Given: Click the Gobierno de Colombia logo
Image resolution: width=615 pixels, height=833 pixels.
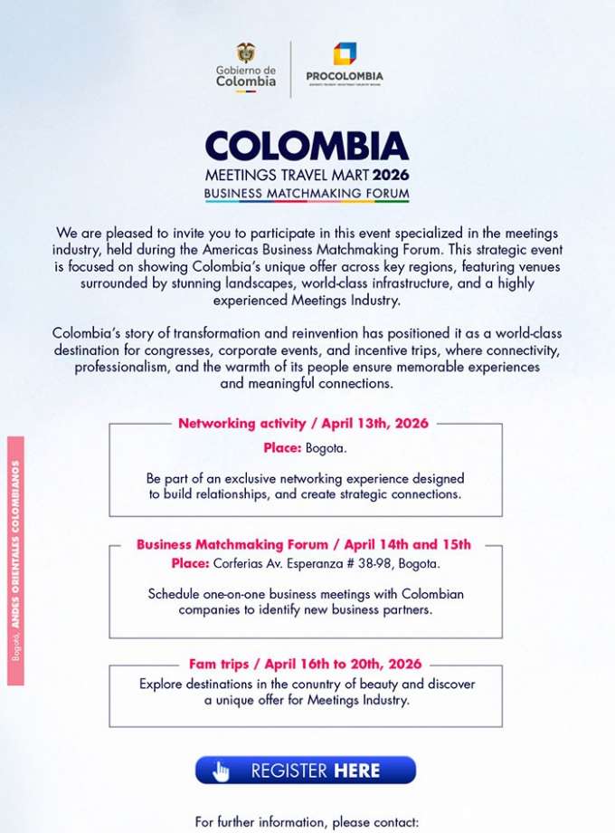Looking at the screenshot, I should click(245, 67).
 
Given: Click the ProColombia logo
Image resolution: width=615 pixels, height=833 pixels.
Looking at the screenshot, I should click(344, 63).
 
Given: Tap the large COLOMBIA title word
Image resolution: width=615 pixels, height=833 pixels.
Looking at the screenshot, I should click(307, 147).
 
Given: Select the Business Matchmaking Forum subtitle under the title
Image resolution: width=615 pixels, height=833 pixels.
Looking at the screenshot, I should click(307, 194).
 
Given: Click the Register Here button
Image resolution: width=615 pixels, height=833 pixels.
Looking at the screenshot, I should click(306, 771).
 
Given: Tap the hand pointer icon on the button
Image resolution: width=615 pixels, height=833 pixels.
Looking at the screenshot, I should click(221, 771).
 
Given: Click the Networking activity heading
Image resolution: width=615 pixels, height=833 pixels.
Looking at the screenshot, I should click(303, 423).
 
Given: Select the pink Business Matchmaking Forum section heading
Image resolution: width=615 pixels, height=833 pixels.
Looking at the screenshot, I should click(304, 544).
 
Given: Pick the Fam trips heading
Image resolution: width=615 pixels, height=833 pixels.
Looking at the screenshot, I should click(306, 664).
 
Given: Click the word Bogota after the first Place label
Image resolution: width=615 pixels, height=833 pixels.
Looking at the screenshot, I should click(326, 448).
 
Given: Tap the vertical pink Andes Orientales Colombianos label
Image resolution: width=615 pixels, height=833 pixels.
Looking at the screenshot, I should click(15, 561).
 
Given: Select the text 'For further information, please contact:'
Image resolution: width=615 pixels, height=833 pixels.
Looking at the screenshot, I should click(307, 822).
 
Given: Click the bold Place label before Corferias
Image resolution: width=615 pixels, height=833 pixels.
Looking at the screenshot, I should click(190, 564).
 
